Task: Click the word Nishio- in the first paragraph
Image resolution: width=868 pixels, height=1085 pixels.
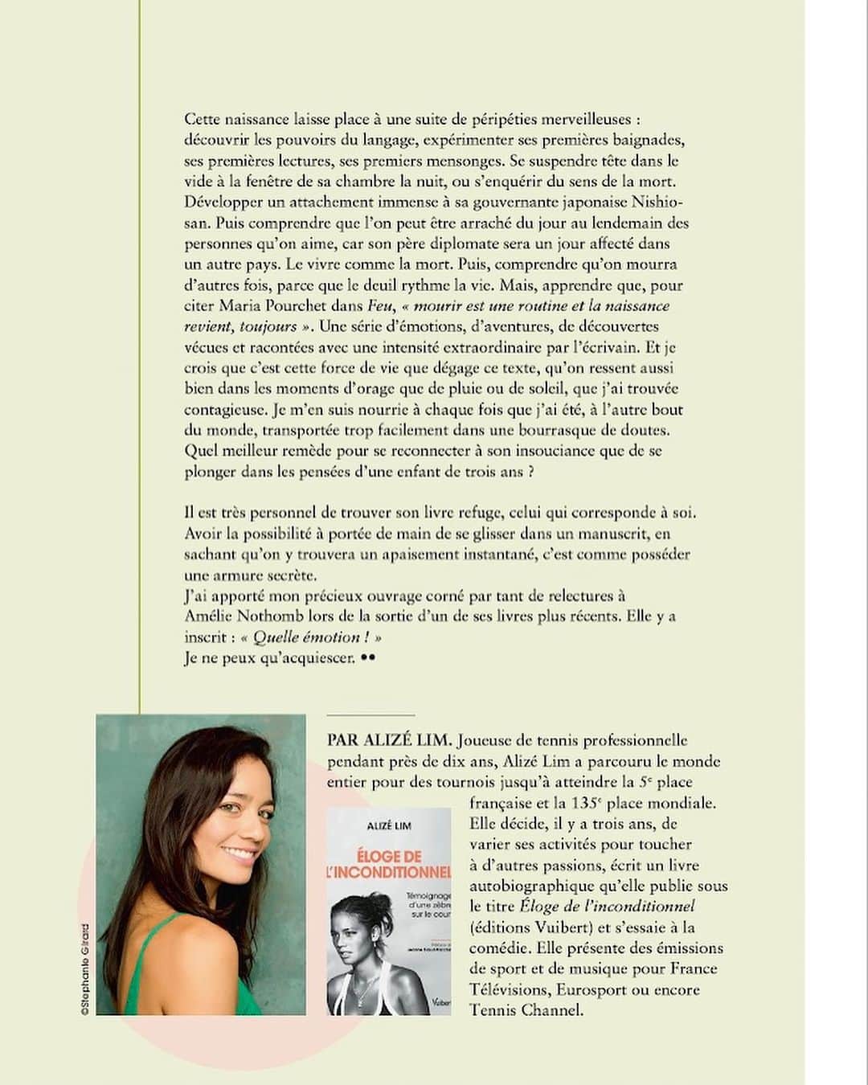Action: (x=661, y=202)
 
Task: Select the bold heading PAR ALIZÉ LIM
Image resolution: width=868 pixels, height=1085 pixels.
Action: (x=390, y=740)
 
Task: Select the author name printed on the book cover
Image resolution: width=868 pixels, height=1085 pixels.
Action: (x=389, y=826)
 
